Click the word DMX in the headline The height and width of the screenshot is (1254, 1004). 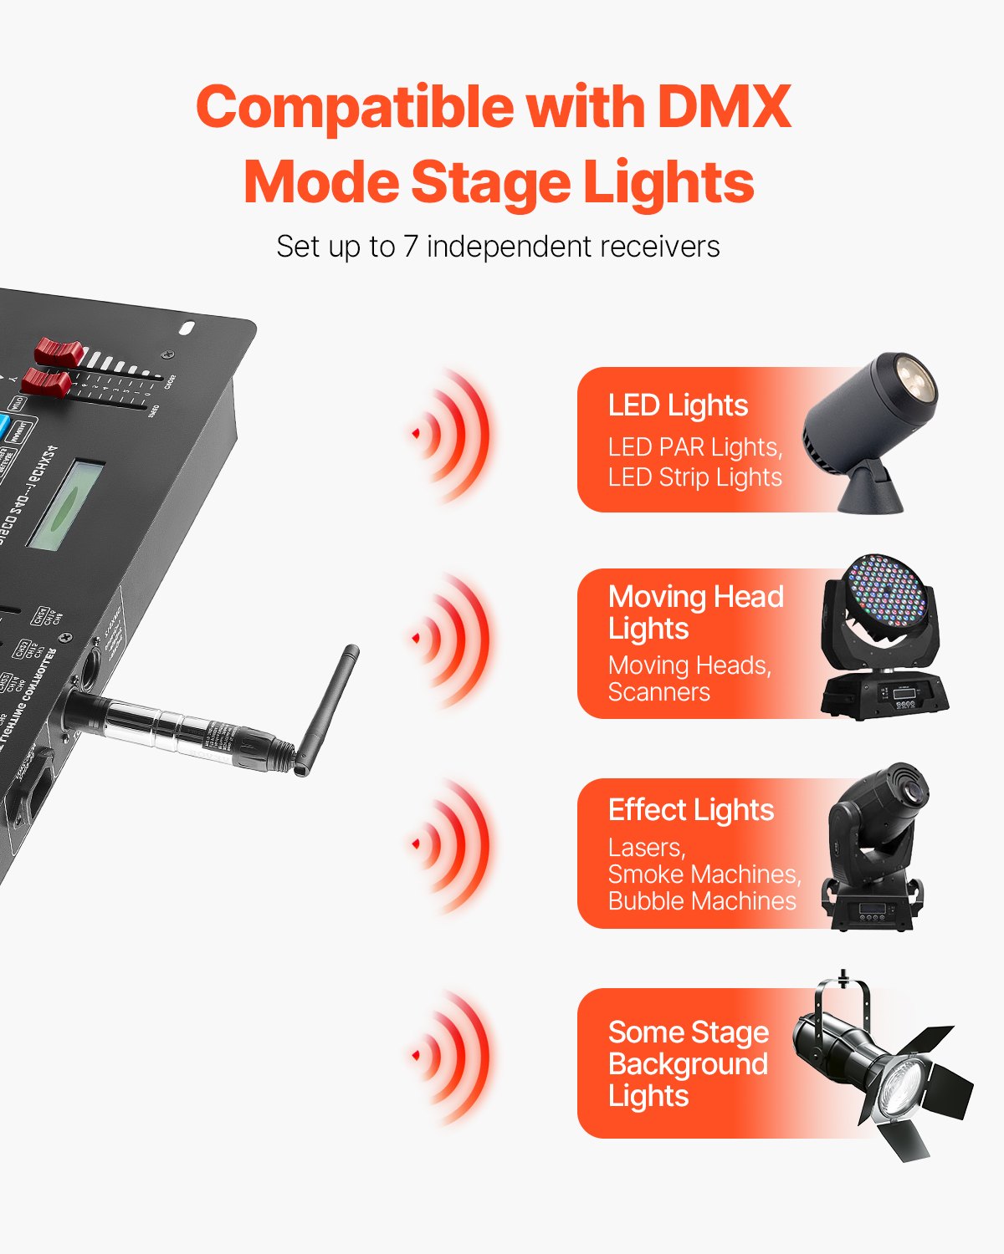tap(724, 107)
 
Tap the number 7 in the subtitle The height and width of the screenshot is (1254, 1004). tap(410, 247)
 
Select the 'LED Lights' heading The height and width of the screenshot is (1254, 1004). tap(678, 405)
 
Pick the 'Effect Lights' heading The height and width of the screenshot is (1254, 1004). tap(691, 810)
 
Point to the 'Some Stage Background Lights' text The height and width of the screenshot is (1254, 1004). tap(688, 1063)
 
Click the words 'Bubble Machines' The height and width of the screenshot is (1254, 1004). tap(702, 901)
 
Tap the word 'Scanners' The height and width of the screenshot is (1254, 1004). tap(659, 692)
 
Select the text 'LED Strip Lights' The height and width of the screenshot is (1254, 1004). tap(694, 477)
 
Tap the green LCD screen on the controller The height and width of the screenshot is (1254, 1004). tap(65, 504)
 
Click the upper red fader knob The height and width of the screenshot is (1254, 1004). tap(58, 350)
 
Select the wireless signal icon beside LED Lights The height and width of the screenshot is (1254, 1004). tap(452, 434)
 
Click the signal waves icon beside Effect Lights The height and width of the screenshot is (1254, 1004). tap(452, 845)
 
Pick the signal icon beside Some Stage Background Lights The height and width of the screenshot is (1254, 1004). tap(452, 1056)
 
